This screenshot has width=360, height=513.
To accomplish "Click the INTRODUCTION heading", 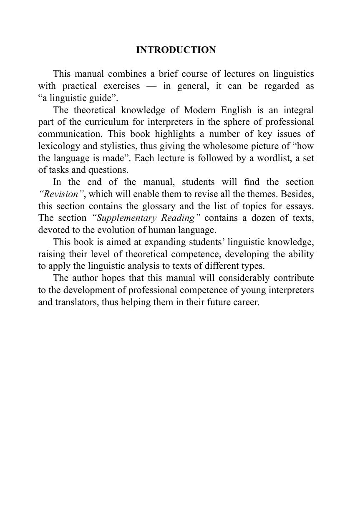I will pyautogui.click(x=176, y=50).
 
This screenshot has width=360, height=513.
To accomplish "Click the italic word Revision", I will pyautogui.click(x=59, y=195).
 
